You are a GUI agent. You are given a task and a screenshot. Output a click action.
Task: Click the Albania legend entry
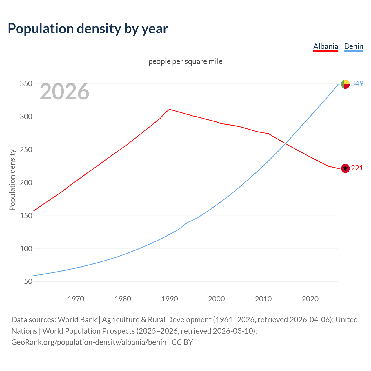click(325, 47)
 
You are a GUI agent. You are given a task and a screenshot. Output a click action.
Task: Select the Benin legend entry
click(354, 47)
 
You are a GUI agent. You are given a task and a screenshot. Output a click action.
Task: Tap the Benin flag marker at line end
click(345, 84)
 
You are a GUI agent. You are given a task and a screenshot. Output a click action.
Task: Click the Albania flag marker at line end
click(345, 168)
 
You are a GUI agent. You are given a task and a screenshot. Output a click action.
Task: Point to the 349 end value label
click(357, 84)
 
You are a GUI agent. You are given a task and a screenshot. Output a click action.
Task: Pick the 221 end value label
click(357, 168)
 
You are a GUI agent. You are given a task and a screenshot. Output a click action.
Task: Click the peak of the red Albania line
click(169, 109)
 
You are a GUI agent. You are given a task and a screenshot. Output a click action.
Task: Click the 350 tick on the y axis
click(26, 84)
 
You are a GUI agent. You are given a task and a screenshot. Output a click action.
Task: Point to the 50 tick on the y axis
click(28, 282)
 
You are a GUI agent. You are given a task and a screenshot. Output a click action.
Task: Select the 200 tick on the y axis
click(26, 183)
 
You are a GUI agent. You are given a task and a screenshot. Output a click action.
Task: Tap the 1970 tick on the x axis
click(76, 299)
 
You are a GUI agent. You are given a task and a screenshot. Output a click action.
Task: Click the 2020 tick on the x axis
click(310, 299)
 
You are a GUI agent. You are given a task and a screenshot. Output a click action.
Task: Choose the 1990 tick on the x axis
click(170, 299)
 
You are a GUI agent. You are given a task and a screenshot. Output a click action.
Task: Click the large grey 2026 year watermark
click(64, 92)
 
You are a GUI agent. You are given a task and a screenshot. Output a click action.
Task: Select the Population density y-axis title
click(12, 180)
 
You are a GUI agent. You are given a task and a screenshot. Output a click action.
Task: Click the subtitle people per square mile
click(185, 62)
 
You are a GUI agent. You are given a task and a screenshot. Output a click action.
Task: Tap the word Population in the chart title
click(41, 28)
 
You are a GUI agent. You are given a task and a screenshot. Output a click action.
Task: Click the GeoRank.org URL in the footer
click(89, 342)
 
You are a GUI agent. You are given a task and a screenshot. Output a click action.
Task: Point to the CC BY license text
click(182, 342)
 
